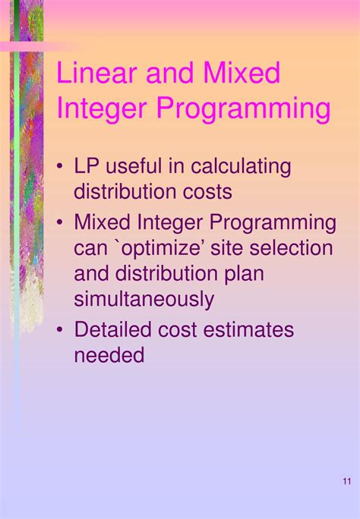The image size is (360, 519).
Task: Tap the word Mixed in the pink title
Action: pos(239,74)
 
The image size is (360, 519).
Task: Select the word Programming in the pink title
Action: pos(243,109)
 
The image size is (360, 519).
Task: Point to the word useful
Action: pos(147,166)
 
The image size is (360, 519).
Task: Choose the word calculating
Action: pos(241,166)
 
